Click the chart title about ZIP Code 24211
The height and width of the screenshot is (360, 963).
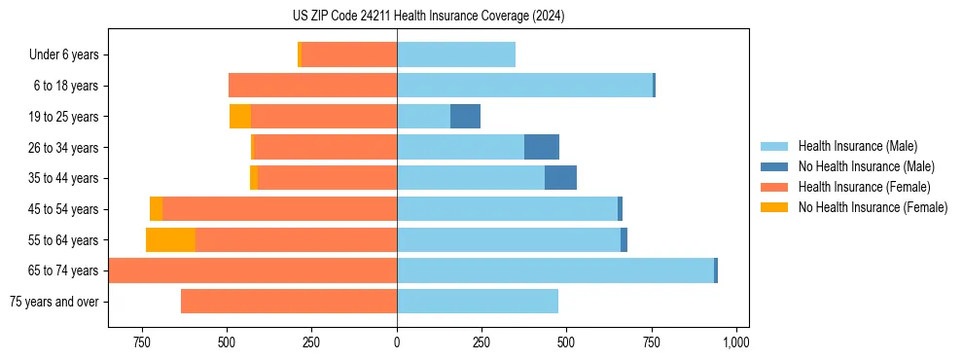(x=428, y=17)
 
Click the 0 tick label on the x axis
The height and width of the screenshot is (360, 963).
(x=397, y=342)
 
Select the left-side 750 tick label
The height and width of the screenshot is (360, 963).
(x=142, y=342)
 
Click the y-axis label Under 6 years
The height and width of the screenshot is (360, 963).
(x=64, y=55)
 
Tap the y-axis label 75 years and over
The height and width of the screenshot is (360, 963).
(x=54, y=302)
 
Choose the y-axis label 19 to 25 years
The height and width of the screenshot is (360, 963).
(x=65, y=117)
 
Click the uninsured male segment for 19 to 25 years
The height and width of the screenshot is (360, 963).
(x=465, y=117)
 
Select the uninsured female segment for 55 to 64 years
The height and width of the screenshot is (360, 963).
(x=170, y=240)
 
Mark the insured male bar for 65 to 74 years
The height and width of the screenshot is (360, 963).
(x=554, y=270)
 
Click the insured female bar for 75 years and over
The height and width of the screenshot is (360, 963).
(x=289, y=302)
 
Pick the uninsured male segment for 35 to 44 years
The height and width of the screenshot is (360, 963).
(x=560, y=178)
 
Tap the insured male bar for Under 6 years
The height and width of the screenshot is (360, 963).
(x=456, y=55)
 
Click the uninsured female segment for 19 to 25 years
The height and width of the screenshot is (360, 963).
(x=240, y=117)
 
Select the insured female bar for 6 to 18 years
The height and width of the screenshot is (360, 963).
(x=312, y=86)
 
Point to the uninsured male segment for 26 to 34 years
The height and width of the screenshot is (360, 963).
(x=542, y=147)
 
